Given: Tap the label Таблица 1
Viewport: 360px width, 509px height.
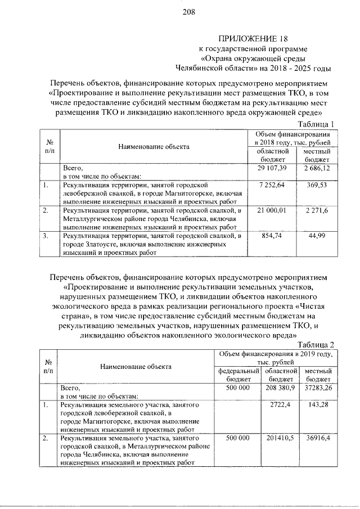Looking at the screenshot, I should coord(317,124).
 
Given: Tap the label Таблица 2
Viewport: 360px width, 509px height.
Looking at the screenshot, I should coord(317,344).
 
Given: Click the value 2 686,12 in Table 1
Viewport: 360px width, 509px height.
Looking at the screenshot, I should coord(316,168).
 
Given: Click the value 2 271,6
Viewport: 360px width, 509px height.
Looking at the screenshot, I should coord(316,210).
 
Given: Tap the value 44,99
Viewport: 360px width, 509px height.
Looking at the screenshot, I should coord(316,236).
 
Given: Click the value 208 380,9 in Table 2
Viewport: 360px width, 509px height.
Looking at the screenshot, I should coord(280,388).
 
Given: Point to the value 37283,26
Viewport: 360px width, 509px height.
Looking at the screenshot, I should coord(318,388).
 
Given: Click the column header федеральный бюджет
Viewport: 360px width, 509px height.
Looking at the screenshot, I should coord(237,376).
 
